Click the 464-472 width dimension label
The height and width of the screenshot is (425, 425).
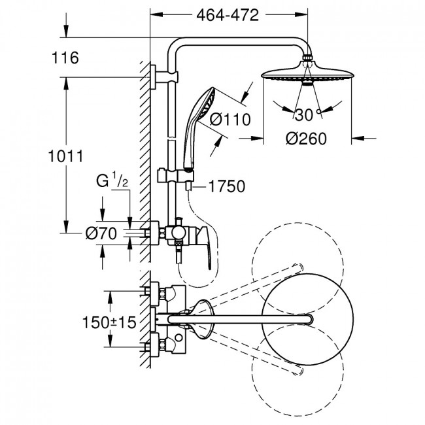point(228,15)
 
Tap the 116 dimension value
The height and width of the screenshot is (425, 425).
point(65,58)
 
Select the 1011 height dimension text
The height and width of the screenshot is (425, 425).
point(65,156)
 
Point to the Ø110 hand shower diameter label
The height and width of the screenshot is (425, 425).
point(230,120)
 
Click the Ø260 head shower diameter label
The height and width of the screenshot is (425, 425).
point(306,139)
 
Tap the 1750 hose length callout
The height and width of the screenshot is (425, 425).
point(227,186)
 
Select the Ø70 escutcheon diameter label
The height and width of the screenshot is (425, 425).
point(101,233)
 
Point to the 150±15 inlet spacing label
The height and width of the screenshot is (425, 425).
point(109,322)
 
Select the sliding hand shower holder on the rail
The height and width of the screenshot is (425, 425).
point(175,175)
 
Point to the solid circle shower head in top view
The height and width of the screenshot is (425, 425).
point(308,320)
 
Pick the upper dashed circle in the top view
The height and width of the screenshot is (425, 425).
point(297,223)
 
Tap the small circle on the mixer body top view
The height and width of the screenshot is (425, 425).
point(178,338)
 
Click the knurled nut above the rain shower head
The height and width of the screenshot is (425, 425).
point(307,58)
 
